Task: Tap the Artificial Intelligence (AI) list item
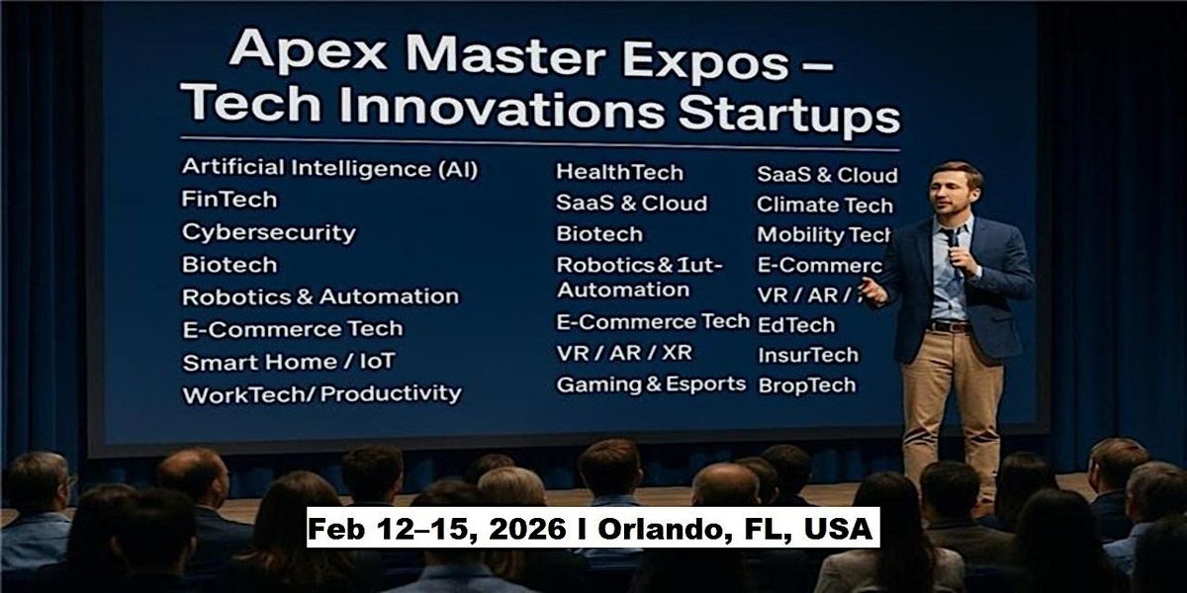tap(329, 168)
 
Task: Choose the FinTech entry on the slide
tap(229, 200)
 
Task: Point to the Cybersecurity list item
tap(268, 233)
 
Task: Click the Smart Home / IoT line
tap(288, 362)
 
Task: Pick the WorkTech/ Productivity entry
tap(321, 393)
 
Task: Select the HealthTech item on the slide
tap(619, 172)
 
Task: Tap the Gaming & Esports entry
tap(651, 384)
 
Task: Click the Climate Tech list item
tap(824, 206)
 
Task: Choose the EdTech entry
tap(795, 324)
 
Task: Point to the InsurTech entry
tap(807, 355)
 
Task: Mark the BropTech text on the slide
tap(806, 385)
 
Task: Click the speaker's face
tap(955, 194)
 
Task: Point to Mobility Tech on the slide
tap(823, 235)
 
